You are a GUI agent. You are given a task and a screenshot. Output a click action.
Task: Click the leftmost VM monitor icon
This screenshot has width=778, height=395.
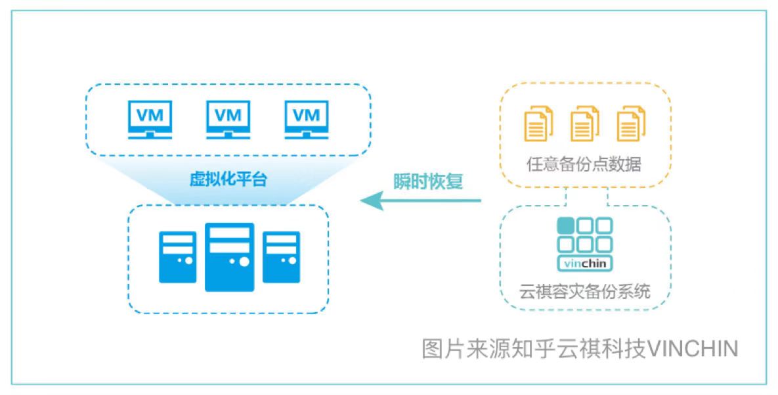[x=150, y=120]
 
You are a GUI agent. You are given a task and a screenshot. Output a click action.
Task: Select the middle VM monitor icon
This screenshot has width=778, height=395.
[x=228, y=120]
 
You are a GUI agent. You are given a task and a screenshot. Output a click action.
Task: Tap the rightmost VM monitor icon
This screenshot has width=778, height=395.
[x=307, y=120]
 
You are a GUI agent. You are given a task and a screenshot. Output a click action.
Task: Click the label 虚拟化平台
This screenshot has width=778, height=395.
[x=228, y=179]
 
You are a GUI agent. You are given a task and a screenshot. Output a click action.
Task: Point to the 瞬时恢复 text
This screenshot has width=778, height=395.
[x=427, y=181]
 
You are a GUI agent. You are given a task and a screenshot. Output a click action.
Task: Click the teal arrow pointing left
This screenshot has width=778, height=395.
[x=421, y=200]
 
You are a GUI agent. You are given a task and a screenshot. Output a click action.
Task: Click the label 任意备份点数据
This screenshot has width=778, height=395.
[x=584, y=164]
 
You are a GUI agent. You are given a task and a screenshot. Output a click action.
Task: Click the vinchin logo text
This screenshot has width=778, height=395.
[x=585, y=264]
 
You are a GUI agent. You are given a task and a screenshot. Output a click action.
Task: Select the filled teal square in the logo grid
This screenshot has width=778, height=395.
[x=566, y=225]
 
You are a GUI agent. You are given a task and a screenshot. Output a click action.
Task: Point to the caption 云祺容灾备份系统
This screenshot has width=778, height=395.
[x=585, y=291]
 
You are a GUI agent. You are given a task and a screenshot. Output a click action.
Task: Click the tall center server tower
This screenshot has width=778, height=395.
[x=230, y=257]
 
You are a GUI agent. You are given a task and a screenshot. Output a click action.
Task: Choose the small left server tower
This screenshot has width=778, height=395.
[x=177, y=257]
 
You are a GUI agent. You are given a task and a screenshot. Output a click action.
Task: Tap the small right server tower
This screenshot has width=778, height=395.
[x=282, y=257]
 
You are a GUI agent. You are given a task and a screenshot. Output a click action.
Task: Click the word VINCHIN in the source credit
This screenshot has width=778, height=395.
[x=693, y=348]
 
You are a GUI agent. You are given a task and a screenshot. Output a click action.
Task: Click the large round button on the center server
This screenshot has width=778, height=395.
[x=244, y=262]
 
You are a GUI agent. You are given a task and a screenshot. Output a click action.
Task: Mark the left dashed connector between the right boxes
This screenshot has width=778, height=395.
[x=566, y=197]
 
